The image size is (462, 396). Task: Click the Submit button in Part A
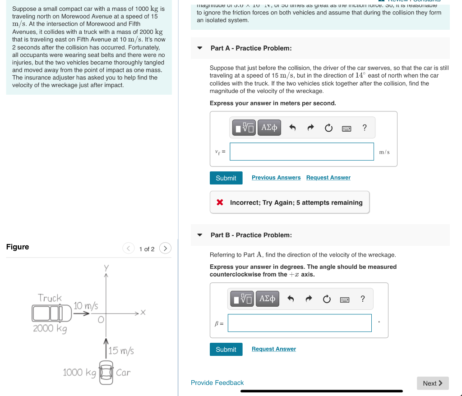[x=226, y=178]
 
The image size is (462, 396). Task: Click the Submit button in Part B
[x=226, y=349]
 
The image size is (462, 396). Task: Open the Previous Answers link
[x=276, y=178]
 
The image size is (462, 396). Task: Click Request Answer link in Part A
[x=328, y=178]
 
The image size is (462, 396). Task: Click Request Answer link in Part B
[x=274, y=349]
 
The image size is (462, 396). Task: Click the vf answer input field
[x=301, y=152]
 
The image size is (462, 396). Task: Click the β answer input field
[x=300, y=323]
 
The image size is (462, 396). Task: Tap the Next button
[x=432, y=383]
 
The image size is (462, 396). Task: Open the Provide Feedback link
[x=217, y=383]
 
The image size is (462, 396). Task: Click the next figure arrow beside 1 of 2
[x=166, y=249]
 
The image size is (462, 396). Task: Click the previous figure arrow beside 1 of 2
[x=129, y=249]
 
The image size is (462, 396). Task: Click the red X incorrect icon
[x=220, y=203]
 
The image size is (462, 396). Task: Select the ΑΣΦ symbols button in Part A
[x=269, y=128]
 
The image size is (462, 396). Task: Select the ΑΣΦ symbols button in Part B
[x=267, y=299]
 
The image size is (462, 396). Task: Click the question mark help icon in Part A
[x=365, y=128]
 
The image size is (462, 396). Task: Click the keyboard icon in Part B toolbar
[x=344, y=299]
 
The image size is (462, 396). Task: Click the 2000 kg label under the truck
[x=50, y=328]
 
